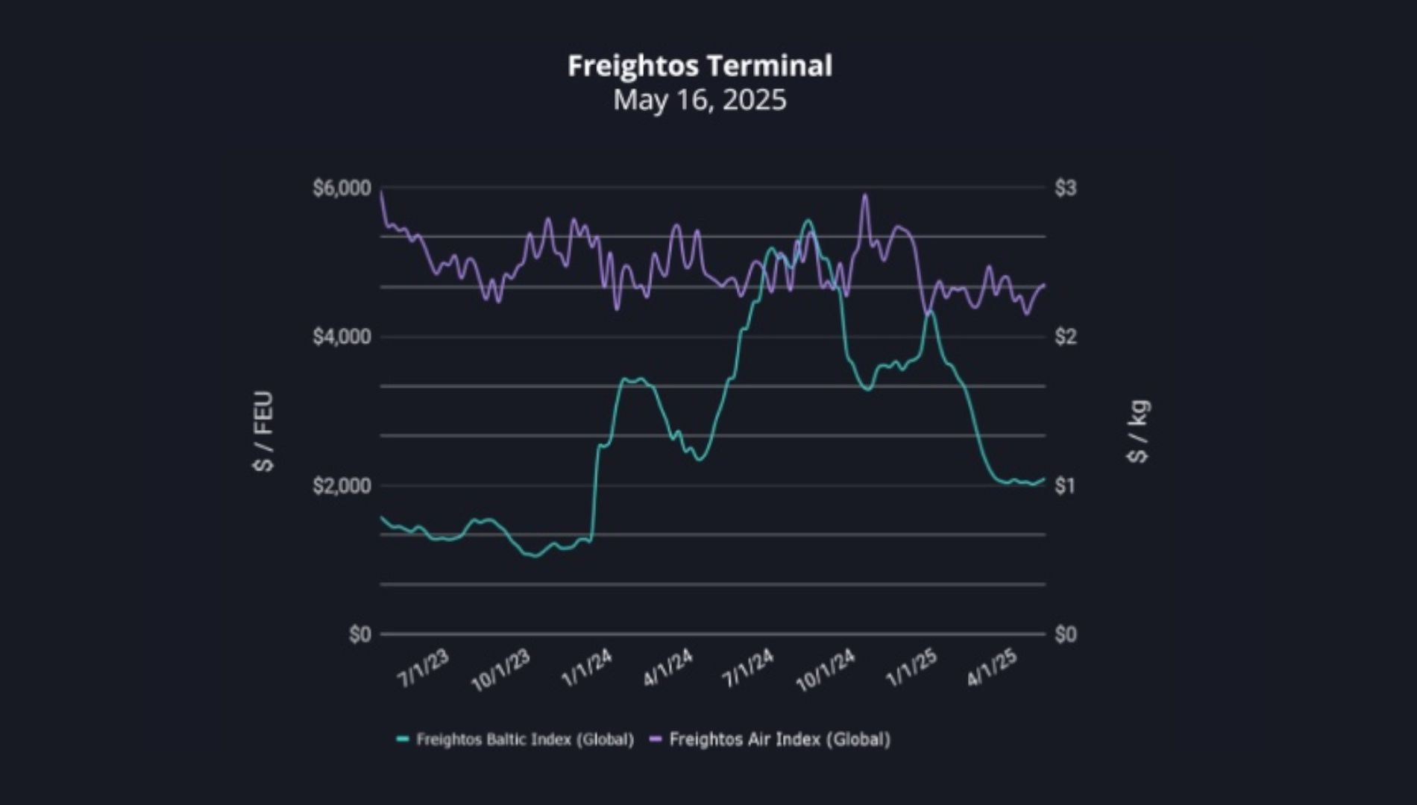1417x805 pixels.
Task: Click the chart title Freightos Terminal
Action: tap(700, 66)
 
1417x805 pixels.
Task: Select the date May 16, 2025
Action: tap(700, 100)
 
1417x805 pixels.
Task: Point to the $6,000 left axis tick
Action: tap(342, 188)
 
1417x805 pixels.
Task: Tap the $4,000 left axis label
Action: tap(342, 337)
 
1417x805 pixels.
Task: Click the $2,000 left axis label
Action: tap(342, 486)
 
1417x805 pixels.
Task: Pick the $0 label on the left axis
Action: tap(359, 634)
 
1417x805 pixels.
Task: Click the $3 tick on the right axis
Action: tap(1066, 188)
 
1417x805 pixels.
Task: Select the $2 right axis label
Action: tap(1066, 337)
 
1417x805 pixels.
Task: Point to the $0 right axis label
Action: tap(1066, 634)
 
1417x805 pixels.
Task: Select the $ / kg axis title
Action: tap(1139, 432)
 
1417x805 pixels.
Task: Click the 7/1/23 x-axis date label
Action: tap(424, 669)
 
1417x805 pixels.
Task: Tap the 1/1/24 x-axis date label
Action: tap(586, 669)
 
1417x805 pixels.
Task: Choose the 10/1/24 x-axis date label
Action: tap(826, 671)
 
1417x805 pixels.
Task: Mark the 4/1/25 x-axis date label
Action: tap(992, 669)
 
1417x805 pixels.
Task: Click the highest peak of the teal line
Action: tap(808, 221)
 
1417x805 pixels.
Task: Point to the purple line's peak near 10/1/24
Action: tap(865, 195)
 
